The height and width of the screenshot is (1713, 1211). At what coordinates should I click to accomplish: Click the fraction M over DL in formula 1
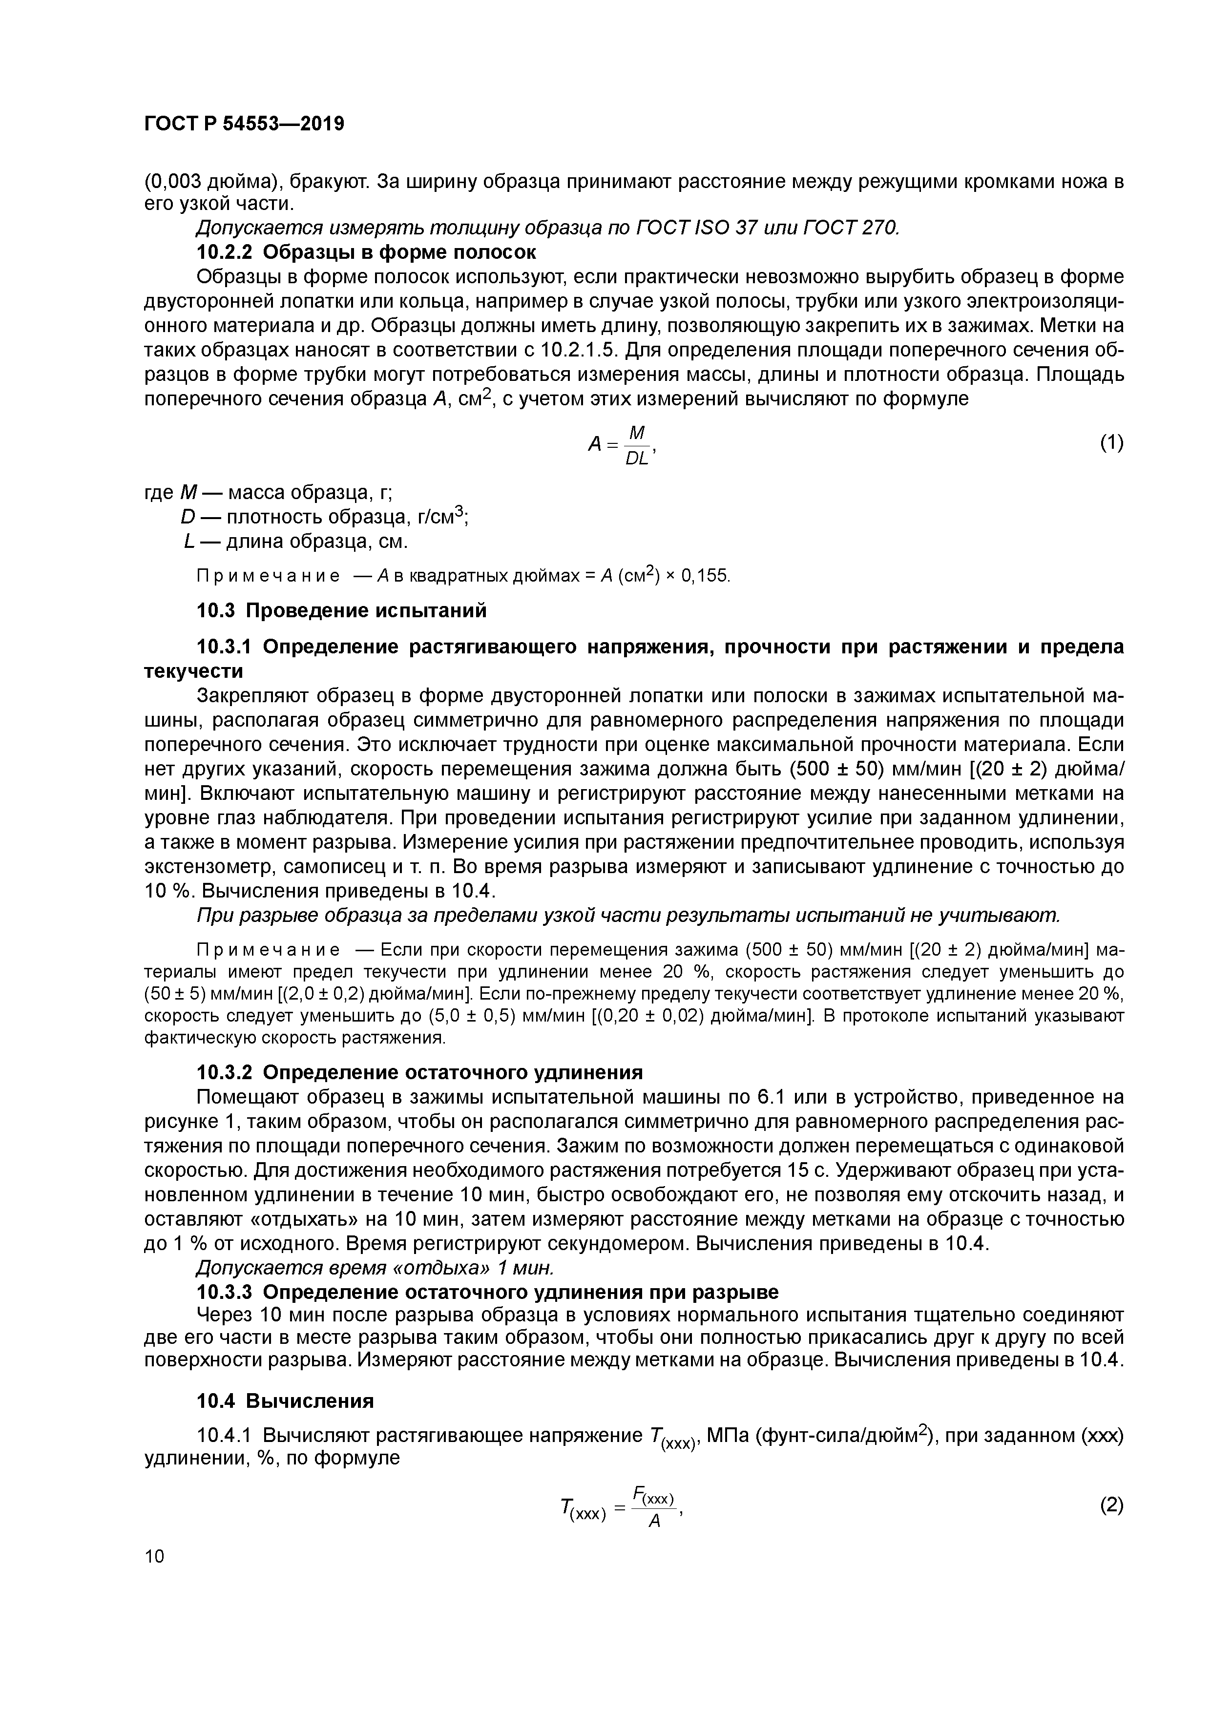636,445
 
